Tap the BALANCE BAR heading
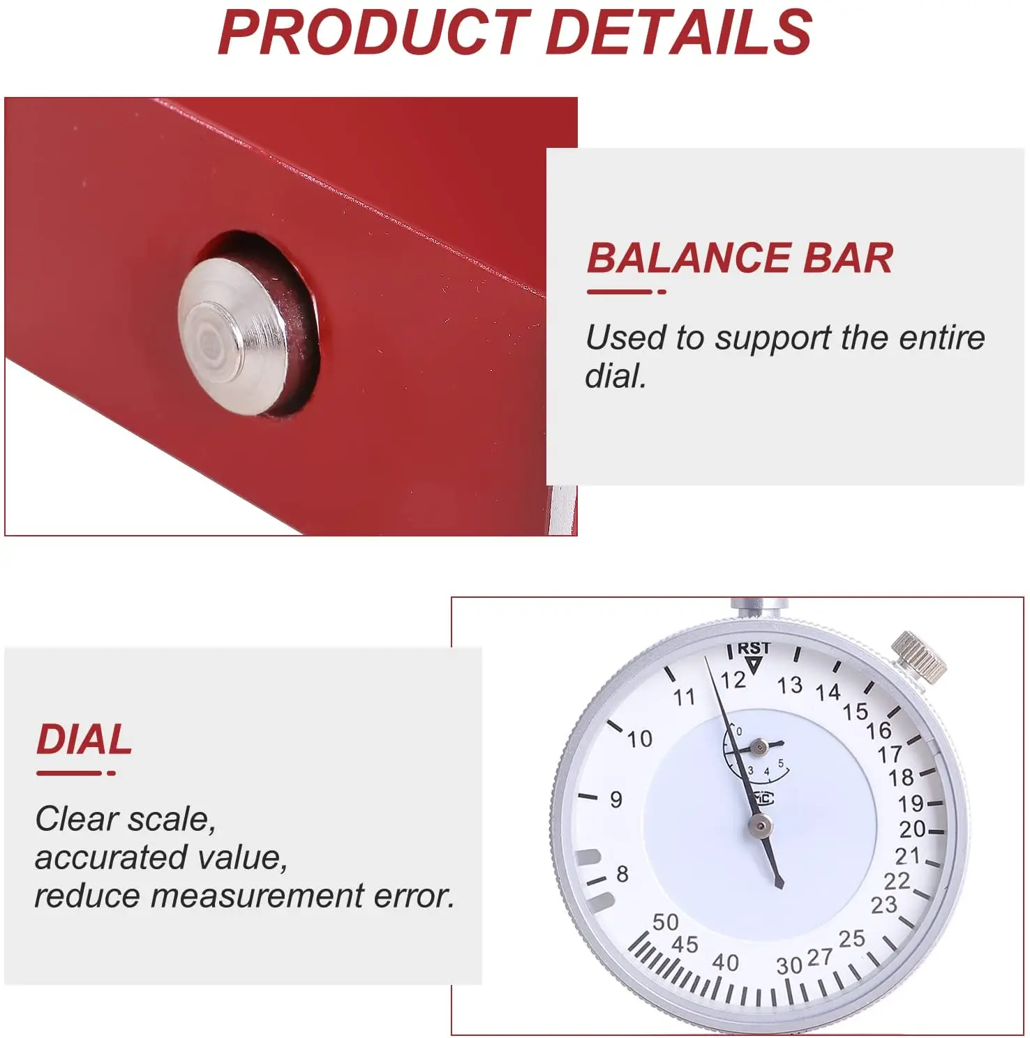click(740, 258)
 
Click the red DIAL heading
click(84, 739)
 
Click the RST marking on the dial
click(754, 648)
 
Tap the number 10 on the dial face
click(639, 739)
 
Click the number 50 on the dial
click(665, 922)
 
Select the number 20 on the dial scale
click(912, 829)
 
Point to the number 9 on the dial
click(616, 799)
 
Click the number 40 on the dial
click(725, 963)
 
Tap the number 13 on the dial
click(790, 685)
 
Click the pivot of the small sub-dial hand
click(760, 748)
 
